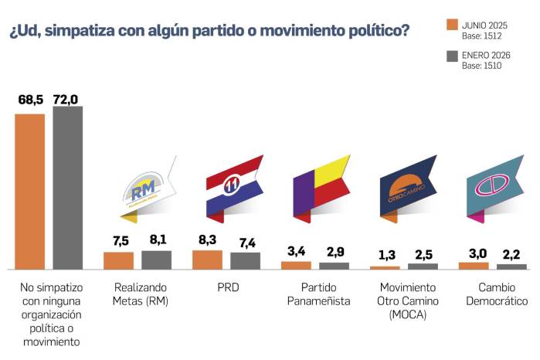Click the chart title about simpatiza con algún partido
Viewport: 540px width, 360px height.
(209, 32)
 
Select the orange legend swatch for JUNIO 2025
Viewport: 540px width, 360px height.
(453, 24)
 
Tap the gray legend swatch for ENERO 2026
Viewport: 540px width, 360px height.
(453, 56)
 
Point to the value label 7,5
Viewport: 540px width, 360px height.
(118, 239)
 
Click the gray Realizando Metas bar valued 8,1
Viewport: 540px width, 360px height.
(156, 260)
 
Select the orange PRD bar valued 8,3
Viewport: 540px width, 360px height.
(207, 259)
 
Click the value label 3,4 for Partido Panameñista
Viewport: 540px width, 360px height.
(296, 250)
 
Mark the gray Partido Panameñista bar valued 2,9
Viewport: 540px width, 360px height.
(334, 265)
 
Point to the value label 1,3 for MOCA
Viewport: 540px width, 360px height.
(385, 255)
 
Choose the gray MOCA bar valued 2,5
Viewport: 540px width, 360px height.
(423, 266)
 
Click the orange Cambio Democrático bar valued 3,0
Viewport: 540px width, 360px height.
(474, 265)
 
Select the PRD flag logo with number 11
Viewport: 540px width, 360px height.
(233, 185)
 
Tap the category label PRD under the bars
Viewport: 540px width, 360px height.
(226, 287)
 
